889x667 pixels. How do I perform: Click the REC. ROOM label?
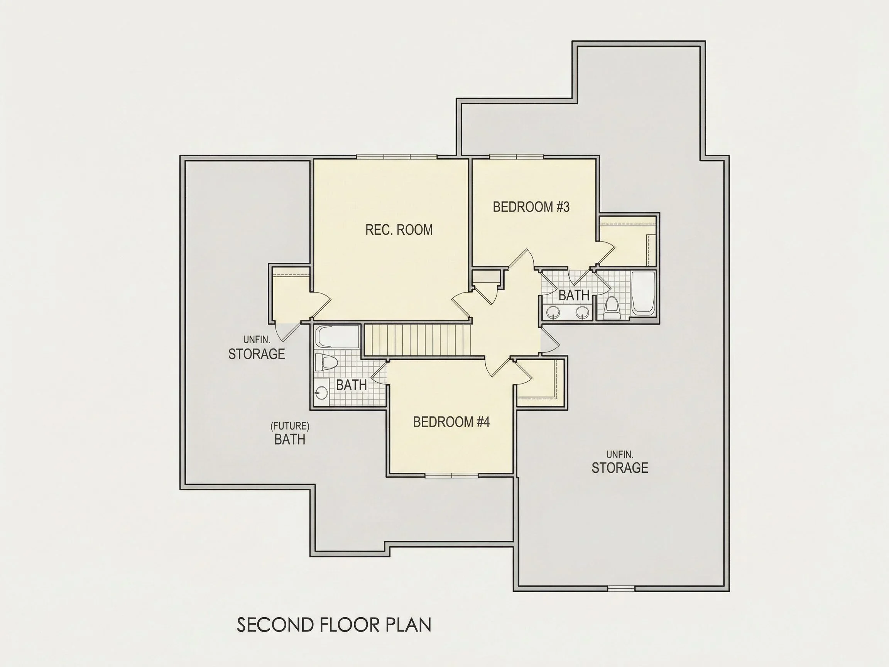[399, 230]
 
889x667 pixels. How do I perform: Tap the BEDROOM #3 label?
[531, 207]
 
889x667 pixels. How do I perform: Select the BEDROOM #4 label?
[451, 422]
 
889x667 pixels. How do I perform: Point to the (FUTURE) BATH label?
[290, 433]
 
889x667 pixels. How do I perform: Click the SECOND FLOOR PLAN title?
[334, 625]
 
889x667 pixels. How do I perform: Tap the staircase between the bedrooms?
[417, 340]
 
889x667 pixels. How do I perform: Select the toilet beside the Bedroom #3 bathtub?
[612, 308]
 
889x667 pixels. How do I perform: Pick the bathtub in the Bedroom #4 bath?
[337, 337]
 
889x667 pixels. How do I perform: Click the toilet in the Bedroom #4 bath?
[325, 362]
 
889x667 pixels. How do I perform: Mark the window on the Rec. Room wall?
[397, 157]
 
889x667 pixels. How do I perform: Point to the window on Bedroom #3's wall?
[516, 157]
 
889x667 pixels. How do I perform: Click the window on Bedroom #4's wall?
[452, 476]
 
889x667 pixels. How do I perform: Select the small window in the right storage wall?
[621, 589]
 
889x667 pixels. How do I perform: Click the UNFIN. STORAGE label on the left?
[257, 348]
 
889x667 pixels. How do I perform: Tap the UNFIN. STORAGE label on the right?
[620, 462]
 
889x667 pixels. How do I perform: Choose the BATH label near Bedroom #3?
[574, 296]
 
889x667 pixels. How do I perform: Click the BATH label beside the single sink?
[351, 385]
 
